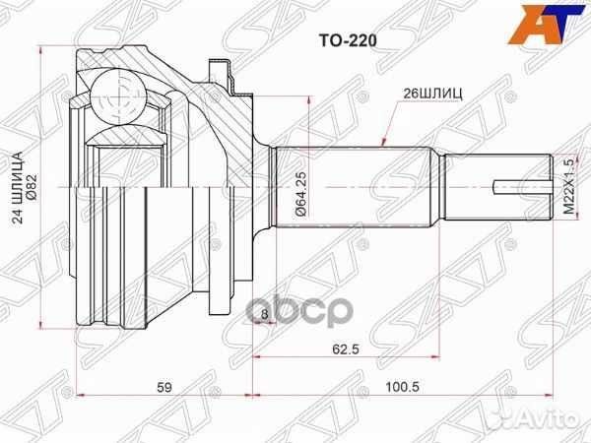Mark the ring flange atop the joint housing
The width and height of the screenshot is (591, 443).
pos(225,71)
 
